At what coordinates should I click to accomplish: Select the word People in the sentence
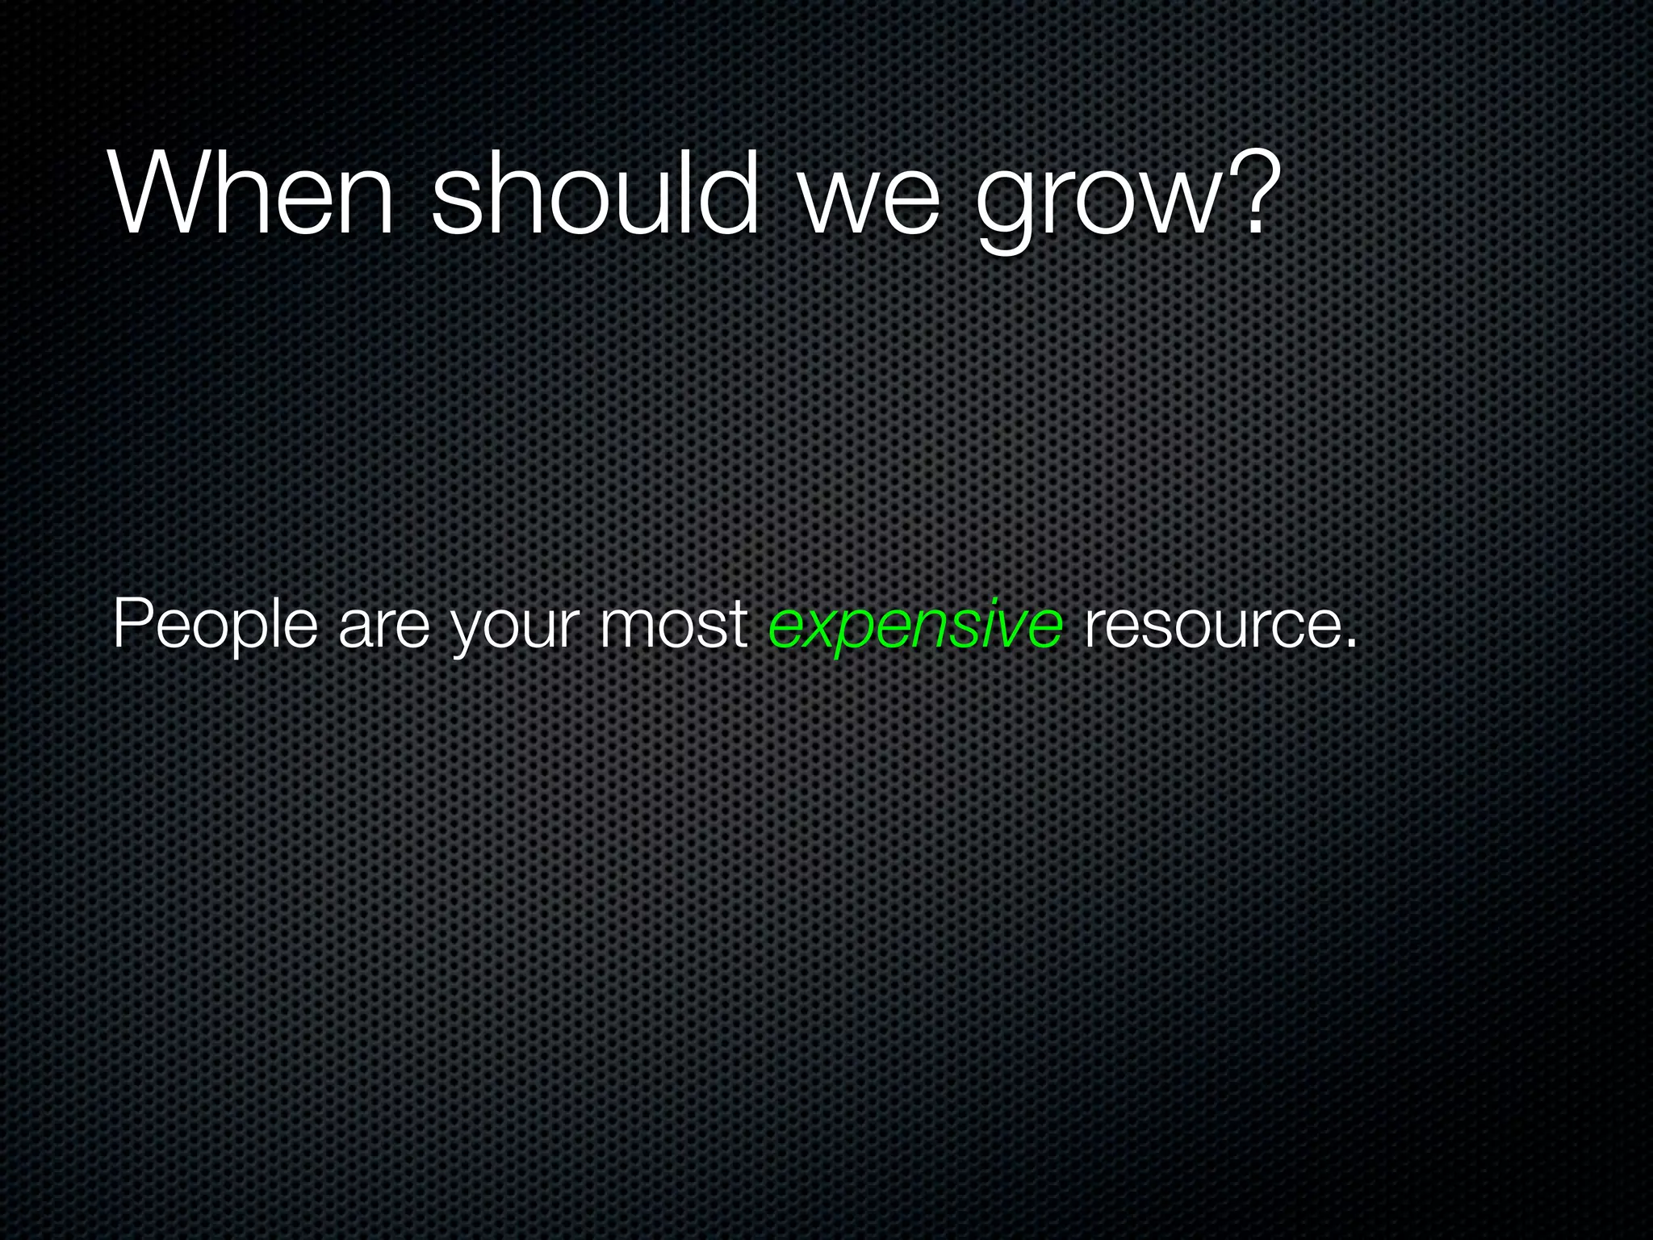[215, 626]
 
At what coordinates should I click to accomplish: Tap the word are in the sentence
[384, 630]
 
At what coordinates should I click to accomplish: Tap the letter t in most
[738, 626]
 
